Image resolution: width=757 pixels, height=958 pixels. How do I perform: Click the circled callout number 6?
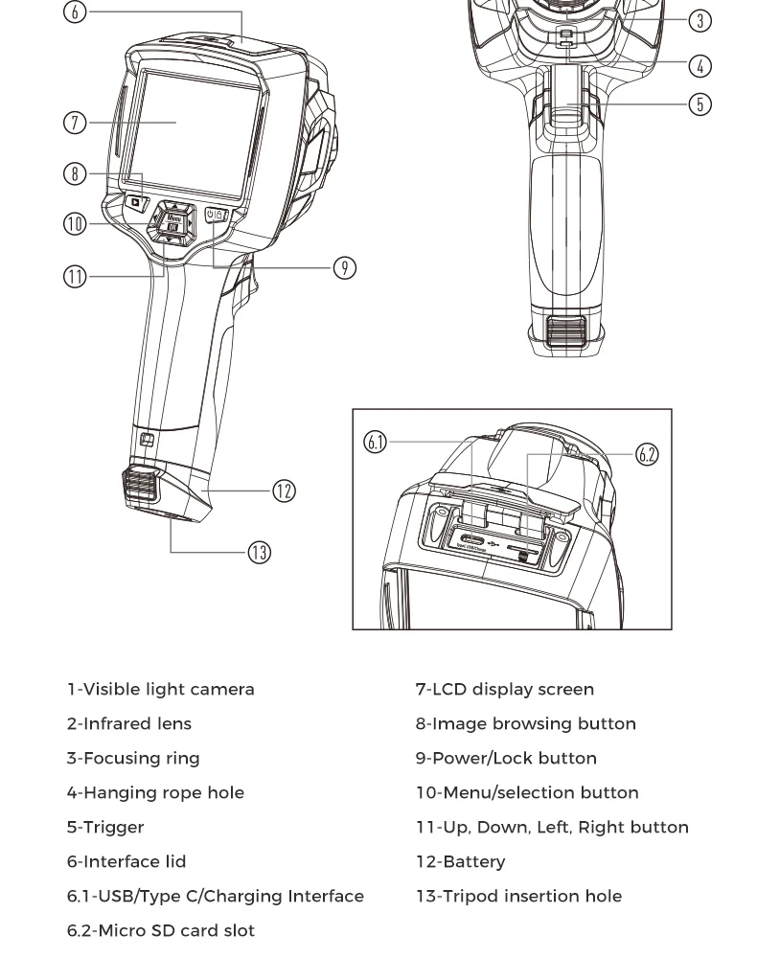[75, 12]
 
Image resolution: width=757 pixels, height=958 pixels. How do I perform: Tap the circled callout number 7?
[75, 123]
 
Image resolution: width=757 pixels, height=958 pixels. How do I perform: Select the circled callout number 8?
[75, 173]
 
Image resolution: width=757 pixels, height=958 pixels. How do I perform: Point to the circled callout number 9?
[345, 268]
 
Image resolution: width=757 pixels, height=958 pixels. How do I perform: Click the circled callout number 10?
[75, 224]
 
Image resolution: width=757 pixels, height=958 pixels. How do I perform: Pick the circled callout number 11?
[75, 277]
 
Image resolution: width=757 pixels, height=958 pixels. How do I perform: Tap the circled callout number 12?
[284, 490]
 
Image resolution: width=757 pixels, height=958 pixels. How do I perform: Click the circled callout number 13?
[259, 553]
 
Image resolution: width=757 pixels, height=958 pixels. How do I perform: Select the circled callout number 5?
[700, 103]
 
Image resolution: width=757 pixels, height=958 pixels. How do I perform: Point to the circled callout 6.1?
[376, 442]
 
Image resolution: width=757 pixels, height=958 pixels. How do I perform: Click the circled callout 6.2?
[648, 454]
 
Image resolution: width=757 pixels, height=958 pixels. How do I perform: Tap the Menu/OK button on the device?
[173, 222]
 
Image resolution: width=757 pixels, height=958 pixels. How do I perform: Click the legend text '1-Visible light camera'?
[160, 690]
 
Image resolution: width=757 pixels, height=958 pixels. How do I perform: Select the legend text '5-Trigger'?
[105, 828]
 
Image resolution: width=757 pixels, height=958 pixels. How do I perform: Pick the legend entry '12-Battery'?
[460, 862]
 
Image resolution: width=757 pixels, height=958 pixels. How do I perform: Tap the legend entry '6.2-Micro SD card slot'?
[160, 931]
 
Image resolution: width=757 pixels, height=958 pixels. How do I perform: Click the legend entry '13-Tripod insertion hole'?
[518, 897]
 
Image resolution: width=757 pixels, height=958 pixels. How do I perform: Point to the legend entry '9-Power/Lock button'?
[505, 759]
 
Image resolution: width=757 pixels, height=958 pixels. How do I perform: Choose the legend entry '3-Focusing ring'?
[132, 759]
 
